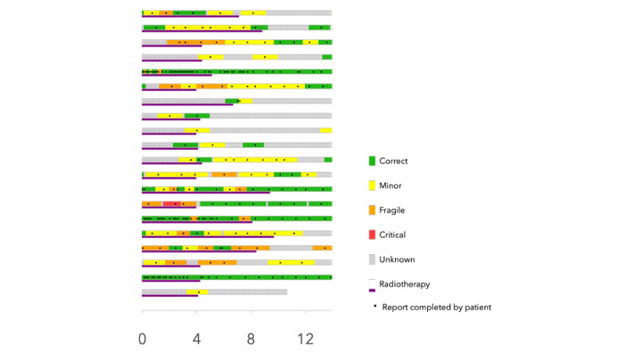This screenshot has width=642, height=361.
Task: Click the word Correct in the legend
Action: pyautogui.click(x=393, y=160)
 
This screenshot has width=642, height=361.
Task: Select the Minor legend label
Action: pyautogui.click(x=391, y=185)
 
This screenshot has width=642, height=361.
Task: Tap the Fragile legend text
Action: pyautogui.click(x=391, y=210)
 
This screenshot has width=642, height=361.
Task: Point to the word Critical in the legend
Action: pyautogui.click(x=392, y=234)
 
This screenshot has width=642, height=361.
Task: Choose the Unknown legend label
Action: pyautogui.click(x=397, y=259)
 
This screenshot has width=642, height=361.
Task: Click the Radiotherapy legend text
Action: pyautogui.click(x=404, y=284)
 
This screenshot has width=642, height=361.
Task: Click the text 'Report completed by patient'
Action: pyautogui.click(x=436, y=308)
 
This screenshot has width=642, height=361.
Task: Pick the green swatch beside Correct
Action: pyautogui.click(x=372, y=160)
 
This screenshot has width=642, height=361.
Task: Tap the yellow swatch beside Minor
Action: pyautogui.click(x=372, y=185)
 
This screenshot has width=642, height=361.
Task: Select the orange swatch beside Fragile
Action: pyautogui.click(x=372, y=210)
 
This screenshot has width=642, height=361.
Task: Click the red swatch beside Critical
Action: pyautogui.click(x=372, y=234)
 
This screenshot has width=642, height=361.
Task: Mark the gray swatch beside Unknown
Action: pyautogui.click(x=372, y=259)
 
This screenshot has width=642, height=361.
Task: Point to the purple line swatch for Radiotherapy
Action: pyautogui.click(x=372, y=291)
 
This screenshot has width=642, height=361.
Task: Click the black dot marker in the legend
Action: pyautogui.click(x=374, y=306)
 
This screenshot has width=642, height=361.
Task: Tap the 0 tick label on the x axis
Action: pyautogui.click(x=142, y=339)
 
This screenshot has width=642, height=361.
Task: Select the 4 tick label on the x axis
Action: pyautogui.click(x=196, y=339)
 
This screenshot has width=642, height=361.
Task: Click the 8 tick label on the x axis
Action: pyautogui.click(x=251, y=339)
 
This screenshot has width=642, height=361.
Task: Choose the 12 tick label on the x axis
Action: pyautogui.click(x=306, y=339)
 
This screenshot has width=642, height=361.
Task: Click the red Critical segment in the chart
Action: pyautogui.click(x=171, y=204)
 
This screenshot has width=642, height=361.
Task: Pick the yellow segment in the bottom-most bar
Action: pyautogui.click(x=197, y=292)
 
